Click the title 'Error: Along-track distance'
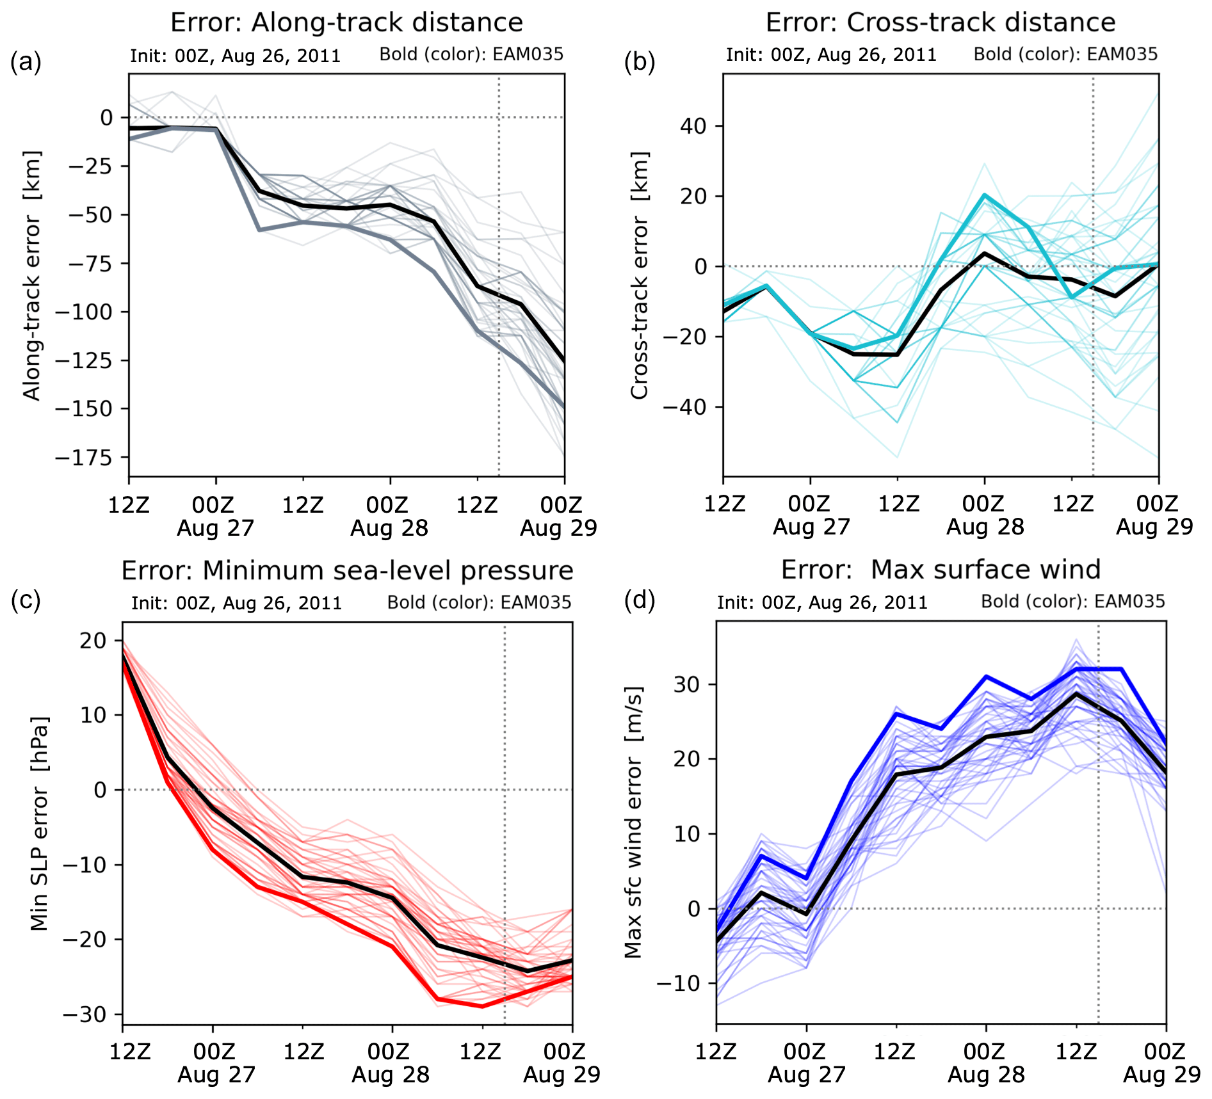coord(346,23)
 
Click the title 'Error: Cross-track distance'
coord(940,23)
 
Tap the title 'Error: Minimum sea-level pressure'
coord(347,570)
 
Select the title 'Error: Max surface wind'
coord(941,570)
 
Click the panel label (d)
coord(639,602)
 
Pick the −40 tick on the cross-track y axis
coord(684,407)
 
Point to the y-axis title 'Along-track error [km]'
coord(32,275)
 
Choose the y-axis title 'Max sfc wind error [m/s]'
coord(633,822)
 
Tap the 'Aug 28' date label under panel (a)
coord(389,529)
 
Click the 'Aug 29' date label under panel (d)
coord(1161,1075)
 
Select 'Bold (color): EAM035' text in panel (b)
coord(1065,54)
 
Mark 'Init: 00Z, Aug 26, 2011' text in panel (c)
coord(236,603)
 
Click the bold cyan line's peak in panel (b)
coord(985,195)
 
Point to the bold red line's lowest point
coord(482,1006)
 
